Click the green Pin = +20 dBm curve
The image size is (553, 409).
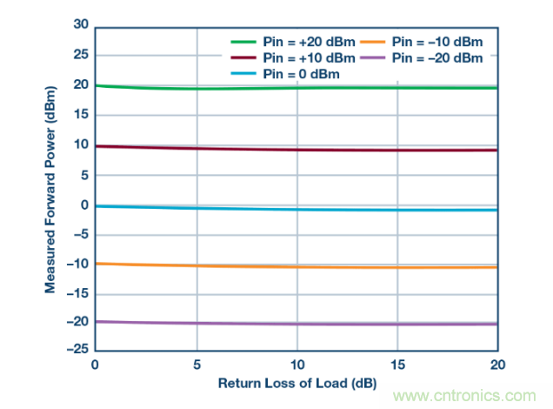[348, 87]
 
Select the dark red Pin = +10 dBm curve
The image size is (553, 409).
[348, 150]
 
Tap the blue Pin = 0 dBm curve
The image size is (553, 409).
[348, 209]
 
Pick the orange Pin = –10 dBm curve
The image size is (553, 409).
[348, 266]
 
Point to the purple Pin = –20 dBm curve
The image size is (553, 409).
[348, 324]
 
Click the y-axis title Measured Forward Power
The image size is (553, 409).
[53, 190]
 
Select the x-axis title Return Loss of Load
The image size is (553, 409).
[296, 383]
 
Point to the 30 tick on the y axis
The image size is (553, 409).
[81, 26]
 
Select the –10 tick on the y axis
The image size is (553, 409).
[77, 264]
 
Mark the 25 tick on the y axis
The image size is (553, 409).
[81, 56]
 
